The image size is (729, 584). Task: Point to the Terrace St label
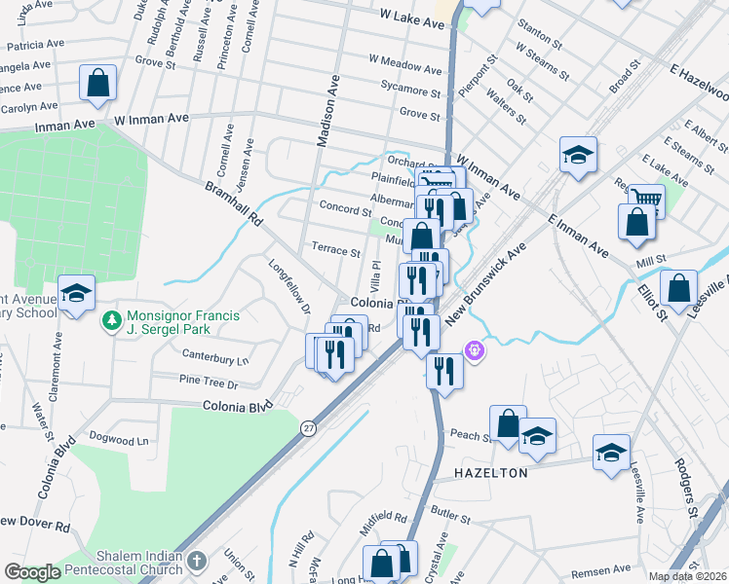pyautogui.click(x=336, y=250)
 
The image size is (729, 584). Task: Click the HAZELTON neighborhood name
pyautogui.click(x=492, y=473)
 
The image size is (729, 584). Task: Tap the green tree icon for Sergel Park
pyautogui.click(x=113, y=319)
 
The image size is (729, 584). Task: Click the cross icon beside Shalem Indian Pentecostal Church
pyautogui.click(x=197, y=562)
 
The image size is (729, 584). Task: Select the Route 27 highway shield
pyautogui.click(x=309, y=428)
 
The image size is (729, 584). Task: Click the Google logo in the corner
pyautogui.click(x=31, y=572)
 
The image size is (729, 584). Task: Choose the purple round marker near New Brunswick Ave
pyautogui.click(x=475, y=347)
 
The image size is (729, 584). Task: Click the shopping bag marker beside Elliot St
pyautogui.click(x=678, y=288)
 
